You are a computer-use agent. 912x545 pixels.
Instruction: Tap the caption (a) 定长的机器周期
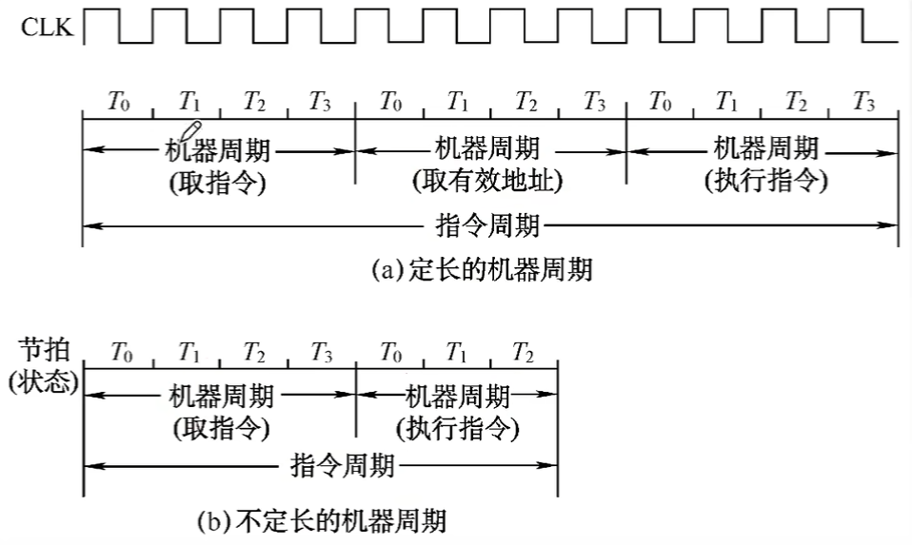(x=481, y=270)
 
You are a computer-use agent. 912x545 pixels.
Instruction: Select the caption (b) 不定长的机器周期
(x=321, y=520)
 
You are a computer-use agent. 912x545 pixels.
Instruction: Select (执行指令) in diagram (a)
(x=766, y=181)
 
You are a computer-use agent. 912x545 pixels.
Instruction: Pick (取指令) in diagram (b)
(x=221, y=428)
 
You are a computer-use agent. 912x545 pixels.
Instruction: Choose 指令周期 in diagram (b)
(x=341, y=466)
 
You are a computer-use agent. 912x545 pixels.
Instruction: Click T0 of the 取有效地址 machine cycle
(x=389, y=101)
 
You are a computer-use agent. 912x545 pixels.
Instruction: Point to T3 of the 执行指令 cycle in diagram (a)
(x=863, y=101)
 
